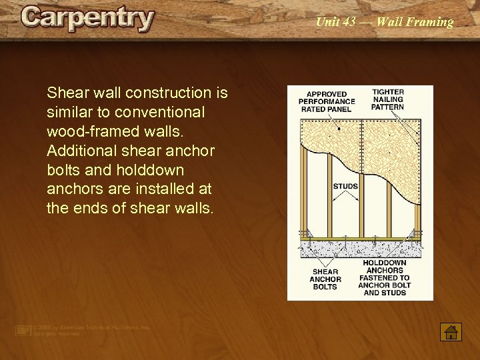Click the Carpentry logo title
coord(87,18)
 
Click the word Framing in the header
coord(431,22)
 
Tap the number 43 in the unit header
coord(350,22)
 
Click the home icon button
coord(451,331)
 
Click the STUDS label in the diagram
coord(345,186)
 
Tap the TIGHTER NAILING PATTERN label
coord(387,100)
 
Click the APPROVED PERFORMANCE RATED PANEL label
coord(327,101)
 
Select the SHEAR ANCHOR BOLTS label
coord(325,279)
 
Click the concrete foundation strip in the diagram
coord(360,249)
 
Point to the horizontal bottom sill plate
coord(360,238)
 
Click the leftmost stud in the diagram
coord(304,193)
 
